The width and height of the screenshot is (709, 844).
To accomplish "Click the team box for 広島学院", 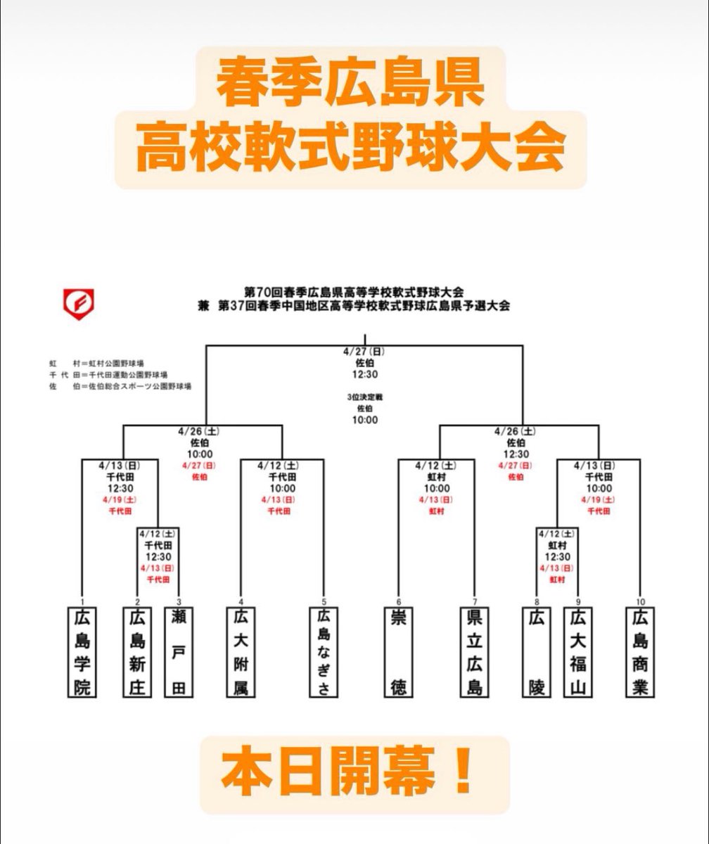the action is coord(82,652).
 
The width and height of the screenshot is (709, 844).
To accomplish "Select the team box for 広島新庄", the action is coord(137,652).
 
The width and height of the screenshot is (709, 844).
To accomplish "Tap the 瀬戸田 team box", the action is coord(179,652).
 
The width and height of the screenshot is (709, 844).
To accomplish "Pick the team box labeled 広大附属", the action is coord(241,652).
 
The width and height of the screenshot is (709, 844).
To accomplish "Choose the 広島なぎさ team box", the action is coord(324,652).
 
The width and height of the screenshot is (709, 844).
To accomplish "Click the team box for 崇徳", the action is coord(399,652).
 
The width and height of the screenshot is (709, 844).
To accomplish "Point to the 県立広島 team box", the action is coord(474,652).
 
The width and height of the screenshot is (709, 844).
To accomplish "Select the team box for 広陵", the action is coord(537,652).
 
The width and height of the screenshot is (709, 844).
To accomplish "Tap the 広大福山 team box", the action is coord(578,652).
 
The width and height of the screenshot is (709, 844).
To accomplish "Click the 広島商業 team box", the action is coord(640,652).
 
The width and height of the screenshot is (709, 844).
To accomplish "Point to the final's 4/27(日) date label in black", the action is coord(366,351).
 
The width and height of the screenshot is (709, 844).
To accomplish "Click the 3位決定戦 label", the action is coord(366,397).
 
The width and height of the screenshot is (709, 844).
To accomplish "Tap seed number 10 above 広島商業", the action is coord(640,601).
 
